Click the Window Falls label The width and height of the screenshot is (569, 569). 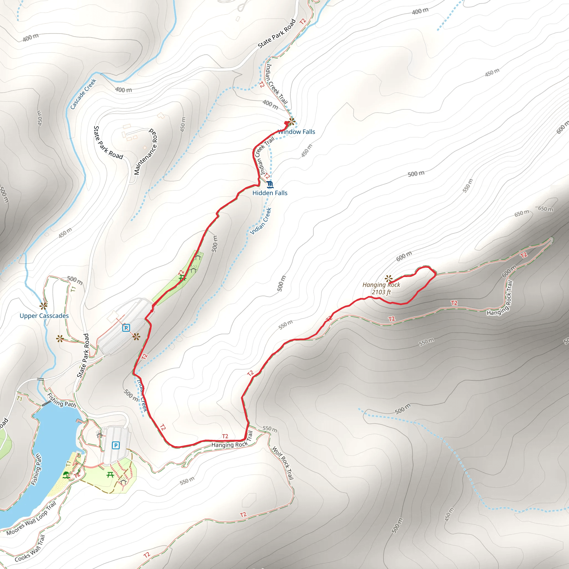point(296,132)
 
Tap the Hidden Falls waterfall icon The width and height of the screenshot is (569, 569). point(270,185)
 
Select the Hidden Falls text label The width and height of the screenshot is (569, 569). point(270,193)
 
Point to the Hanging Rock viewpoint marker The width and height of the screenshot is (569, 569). point(389,278)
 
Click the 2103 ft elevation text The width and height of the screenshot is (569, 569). point(381,292)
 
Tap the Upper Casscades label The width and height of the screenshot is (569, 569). point(44,316)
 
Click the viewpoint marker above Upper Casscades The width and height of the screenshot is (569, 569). point(44,306)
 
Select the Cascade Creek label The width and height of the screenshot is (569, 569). point(83,94)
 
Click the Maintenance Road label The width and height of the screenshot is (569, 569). point(146,152)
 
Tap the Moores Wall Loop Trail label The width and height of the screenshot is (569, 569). point(31,519)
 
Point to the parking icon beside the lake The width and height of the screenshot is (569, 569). point(116,445)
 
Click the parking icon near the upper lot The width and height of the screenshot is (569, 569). point(126,328)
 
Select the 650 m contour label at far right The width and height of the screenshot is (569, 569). point(546,209)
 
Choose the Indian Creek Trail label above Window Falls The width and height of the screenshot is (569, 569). point(276,84)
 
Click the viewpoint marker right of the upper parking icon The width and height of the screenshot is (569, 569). point(136,337)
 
